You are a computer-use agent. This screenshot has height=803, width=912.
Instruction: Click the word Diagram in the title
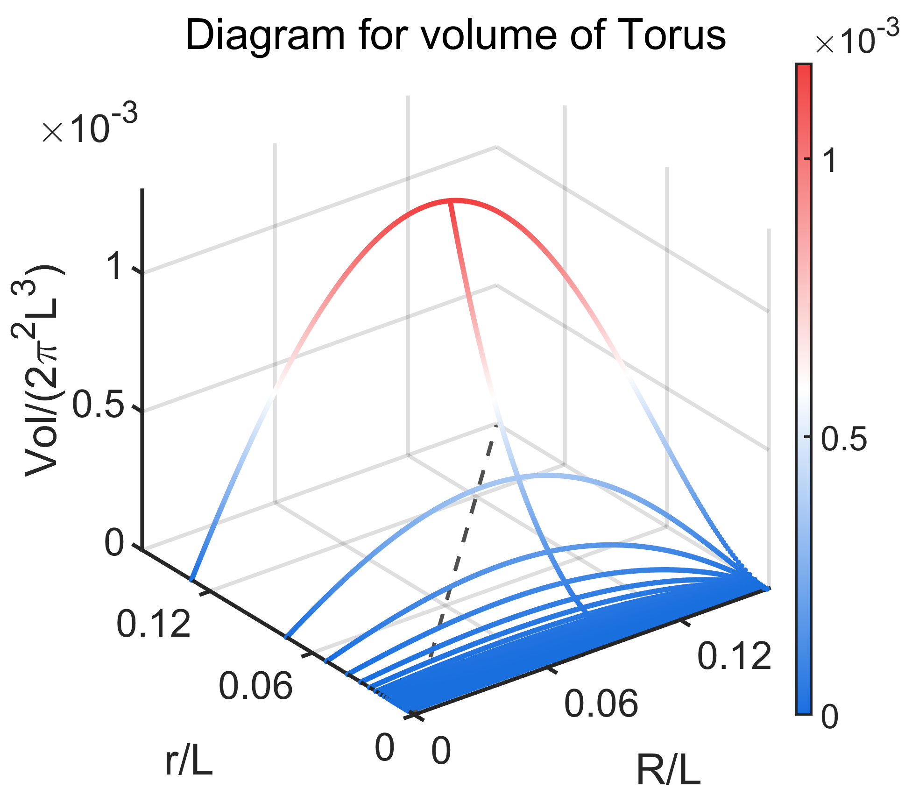[x=265, y=36]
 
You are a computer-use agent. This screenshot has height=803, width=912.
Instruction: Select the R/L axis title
[x=668, y=771]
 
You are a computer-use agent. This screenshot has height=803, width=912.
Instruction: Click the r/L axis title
[x=189, y=762]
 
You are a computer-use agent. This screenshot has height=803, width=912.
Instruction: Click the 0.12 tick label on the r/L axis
[x=154, y=624]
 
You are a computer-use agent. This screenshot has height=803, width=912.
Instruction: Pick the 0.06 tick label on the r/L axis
[x=255, y=685]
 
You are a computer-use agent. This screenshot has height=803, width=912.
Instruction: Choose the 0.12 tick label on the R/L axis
[x=734, y=656]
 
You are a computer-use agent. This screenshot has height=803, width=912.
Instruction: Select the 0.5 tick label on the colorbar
[x=843, y=439]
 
